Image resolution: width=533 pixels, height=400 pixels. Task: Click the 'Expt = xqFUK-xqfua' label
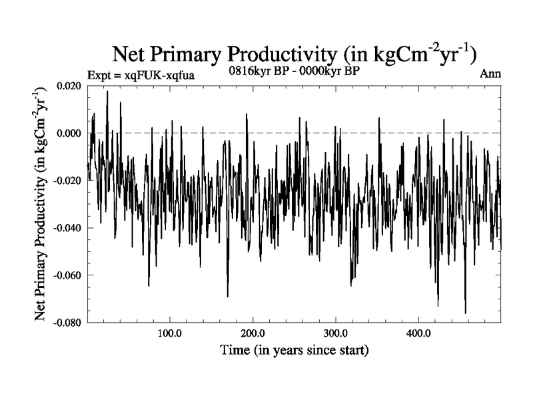coord(141,75)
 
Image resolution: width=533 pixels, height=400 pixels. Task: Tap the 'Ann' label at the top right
coord(490,73)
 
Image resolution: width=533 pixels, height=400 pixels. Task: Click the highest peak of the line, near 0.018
coord(107,91)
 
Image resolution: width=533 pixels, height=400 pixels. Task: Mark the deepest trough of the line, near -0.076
coord(465,313)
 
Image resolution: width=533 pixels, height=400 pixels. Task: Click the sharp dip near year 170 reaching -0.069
coord(228,296)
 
